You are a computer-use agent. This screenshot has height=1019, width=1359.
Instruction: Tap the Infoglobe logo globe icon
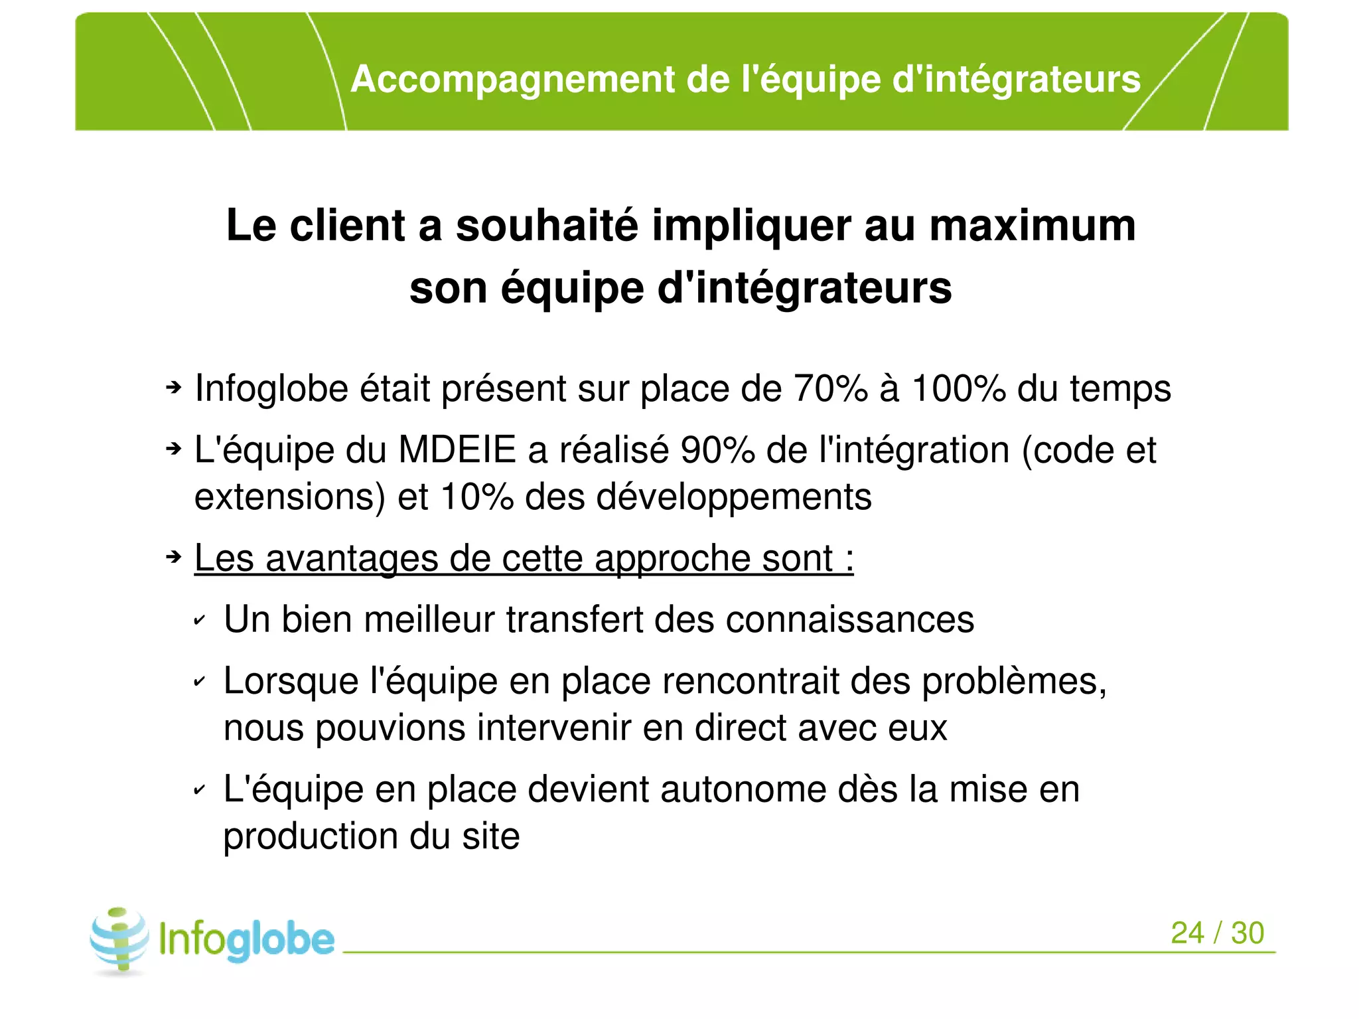pos(119,939)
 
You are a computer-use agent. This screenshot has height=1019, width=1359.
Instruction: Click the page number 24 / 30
pos(1217,933)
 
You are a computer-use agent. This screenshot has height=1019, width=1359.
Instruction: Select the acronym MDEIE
pos(457,450)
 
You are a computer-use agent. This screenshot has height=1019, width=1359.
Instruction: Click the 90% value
pos(717,450)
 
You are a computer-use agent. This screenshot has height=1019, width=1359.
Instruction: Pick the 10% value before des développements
pos(476,497)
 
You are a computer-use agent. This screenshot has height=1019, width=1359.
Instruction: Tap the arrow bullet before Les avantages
pos(173,556)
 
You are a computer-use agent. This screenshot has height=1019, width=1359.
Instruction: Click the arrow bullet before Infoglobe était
pos(173,387)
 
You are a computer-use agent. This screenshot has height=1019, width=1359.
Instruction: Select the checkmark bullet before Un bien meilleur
pos(199,621)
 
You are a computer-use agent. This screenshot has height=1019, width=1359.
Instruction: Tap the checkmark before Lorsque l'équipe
pos(199,682)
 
